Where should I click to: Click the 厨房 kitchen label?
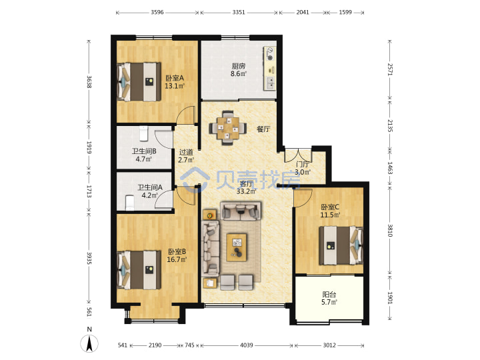[x=238, y=66]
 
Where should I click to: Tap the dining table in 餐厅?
[x=228, y=129]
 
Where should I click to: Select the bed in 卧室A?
[x=139, y=82]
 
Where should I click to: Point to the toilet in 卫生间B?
[x=143, y=134]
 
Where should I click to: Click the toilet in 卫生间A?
[x=130, y=203]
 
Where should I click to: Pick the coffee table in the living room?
[x=236, y=247]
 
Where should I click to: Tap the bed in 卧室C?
[x=341, y=245]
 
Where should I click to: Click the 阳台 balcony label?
[x=329, y=295]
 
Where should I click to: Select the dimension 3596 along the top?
[x=157, y=12]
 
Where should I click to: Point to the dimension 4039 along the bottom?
[x=247, y=345]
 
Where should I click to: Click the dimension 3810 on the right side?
[x=390, y=230]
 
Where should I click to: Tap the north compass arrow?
[x=89, y=343]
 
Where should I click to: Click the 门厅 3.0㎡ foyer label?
[x=303, y=169]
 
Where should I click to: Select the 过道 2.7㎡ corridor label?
[x=186, y=156]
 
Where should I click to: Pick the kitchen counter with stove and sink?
[x=270, y=68]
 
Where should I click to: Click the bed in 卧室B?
[x=139, y=270]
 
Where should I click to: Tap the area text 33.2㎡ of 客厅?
[x=247, y=191]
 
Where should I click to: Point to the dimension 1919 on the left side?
[x=89, y=147]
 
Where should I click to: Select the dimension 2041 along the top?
[x=303, y=12]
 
